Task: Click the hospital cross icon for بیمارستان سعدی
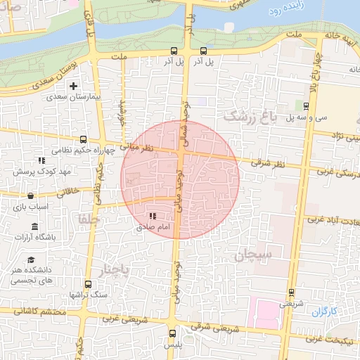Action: pos(73,86)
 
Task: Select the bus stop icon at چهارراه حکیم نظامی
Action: pos(84,139)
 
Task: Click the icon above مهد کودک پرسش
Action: pos(42,161)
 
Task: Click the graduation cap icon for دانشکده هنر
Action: pos(32,260)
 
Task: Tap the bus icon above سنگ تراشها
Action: pos(88,285)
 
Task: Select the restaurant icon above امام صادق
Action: pos(153,217)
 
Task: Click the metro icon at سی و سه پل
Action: pos(307,106)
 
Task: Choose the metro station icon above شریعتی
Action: pos(291,293)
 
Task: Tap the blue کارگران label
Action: pos(325,311)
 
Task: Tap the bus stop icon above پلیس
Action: pos(172,334)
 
